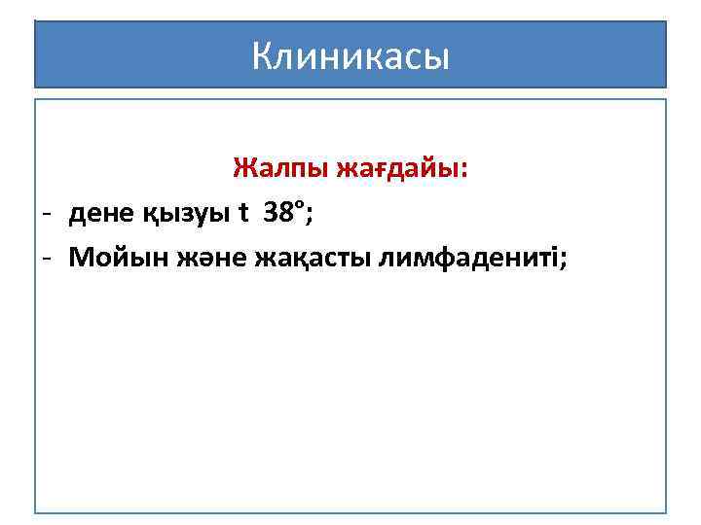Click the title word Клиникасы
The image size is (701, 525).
(350, 56)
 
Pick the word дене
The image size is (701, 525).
(102, 215)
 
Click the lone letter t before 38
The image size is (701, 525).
(243, 214)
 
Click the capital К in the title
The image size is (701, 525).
(262, 56)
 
